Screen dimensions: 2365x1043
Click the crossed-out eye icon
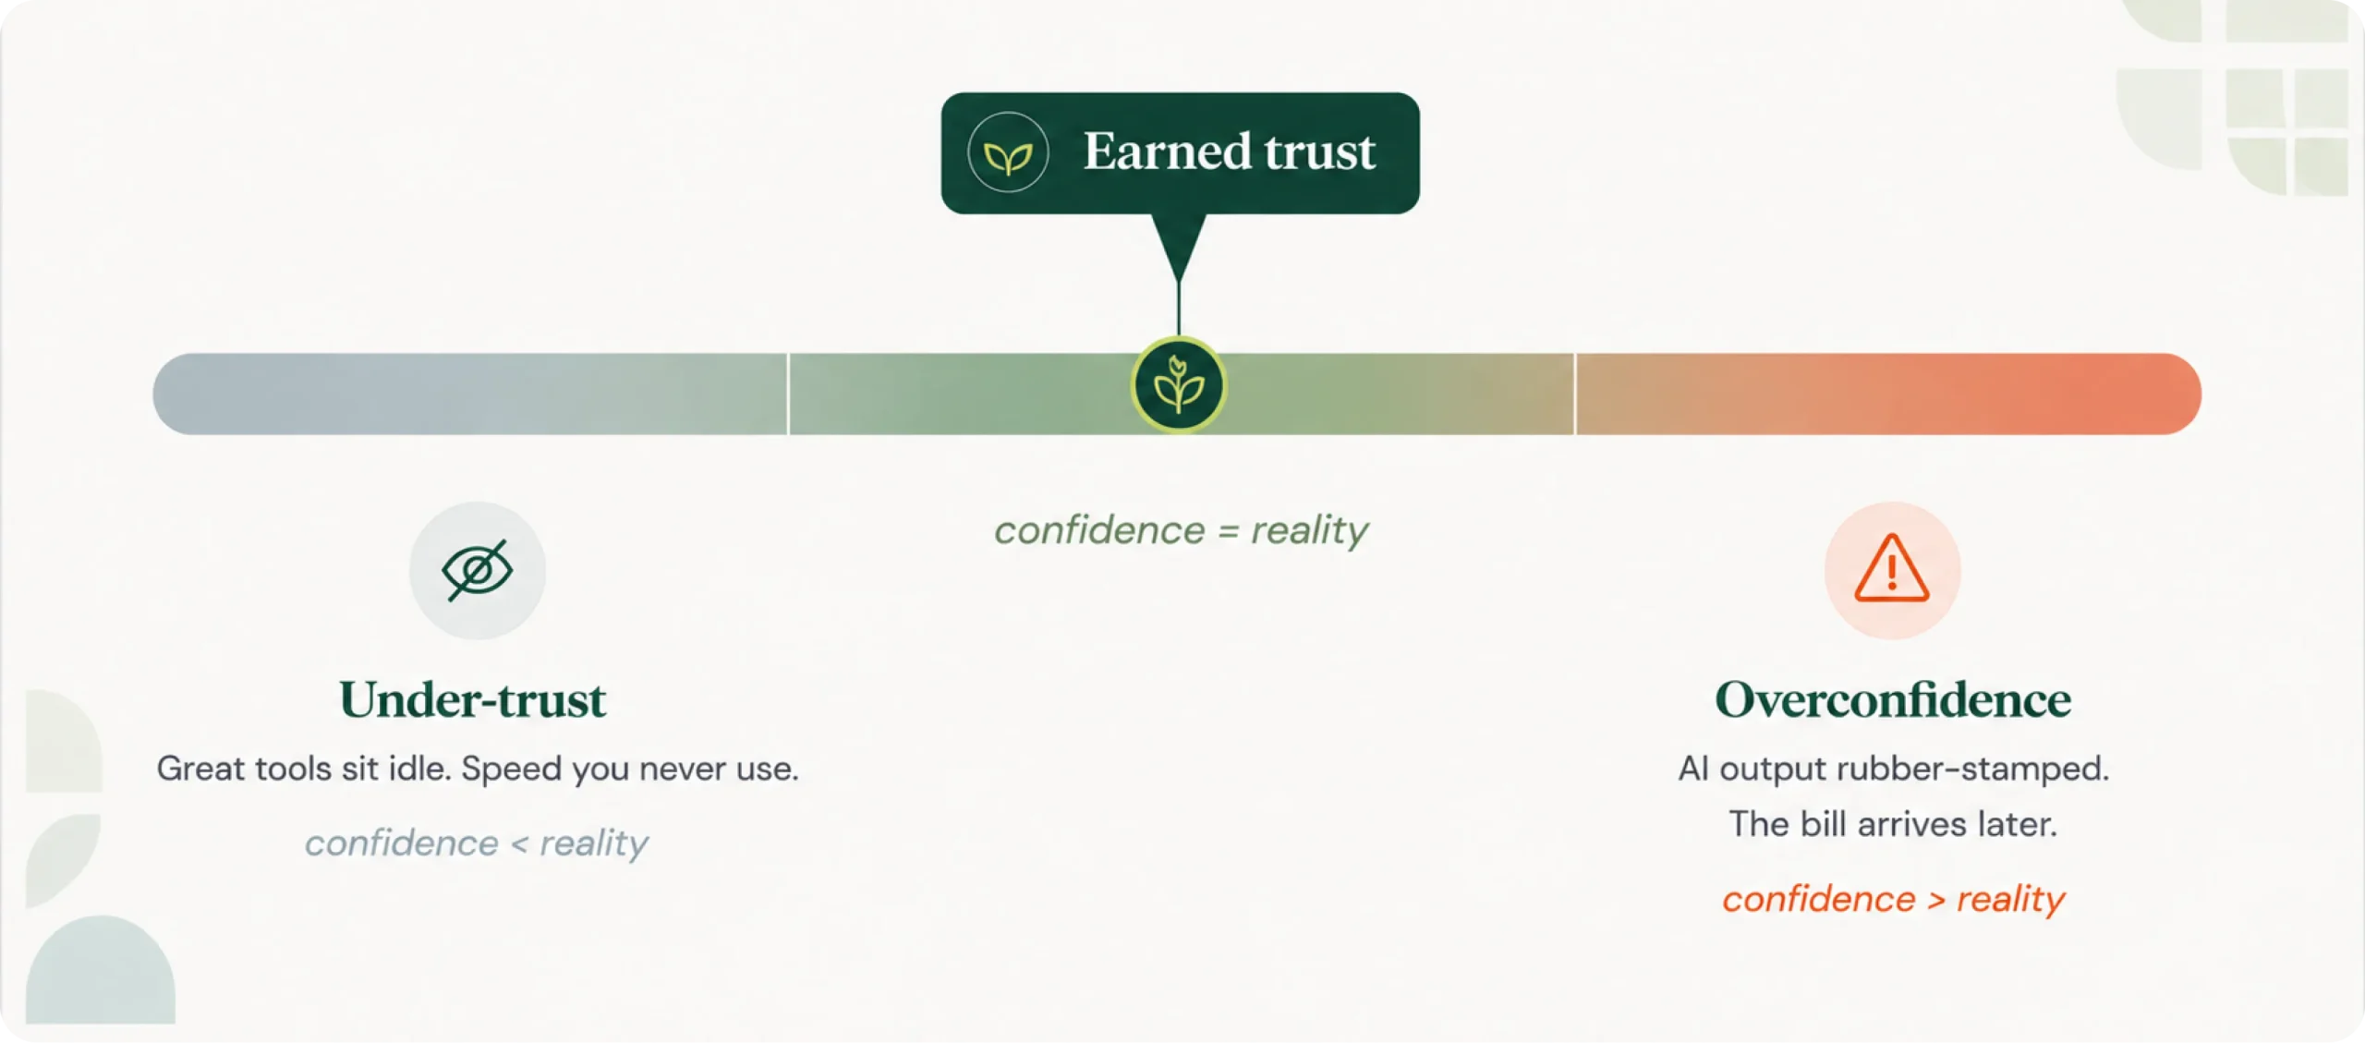pos(477,570)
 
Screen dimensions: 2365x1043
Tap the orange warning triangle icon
pos(1892,569)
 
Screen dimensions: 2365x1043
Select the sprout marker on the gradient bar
pos(1179,385)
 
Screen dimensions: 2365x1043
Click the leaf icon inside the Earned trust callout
pos(1008,153)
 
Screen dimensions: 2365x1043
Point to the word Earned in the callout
pos(1167,152)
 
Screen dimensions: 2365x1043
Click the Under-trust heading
pos(473,699)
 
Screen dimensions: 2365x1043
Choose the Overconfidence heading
pos(1893,699)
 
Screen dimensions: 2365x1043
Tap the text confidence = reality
pos(1181,531)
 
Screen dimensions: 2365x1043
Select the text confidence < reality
pos(477,843)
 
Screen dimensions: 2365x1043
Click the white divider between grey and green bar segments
pos(788,394)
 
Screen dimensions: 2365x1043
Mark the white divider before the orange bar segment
pos(1574,394)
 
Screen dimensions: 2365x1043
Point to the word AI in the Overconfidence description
pos(1693,769)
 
